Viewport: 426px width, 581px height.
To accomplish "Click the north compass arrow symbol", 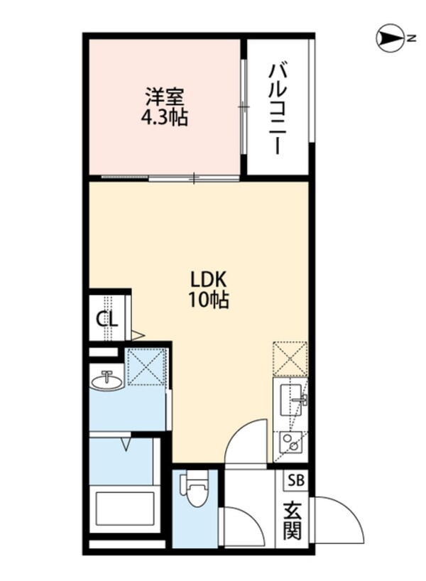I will tap(390, 39).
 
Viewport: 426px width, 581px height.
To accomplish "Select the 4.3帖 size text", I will tap(167, 117).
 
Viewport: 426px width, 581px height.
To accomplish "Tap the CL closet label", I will tap(107, 317).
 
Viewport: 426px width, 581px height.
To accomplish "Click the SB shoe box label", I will tap(295, 479).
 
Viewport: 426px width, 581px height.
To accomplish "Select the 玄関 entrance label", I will tap(294, 520).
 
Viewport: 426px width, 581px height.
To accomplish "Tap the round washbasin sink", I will tap(107, 382).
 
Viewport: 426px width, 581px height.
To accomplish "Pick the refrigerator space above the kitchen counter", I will tap(290, 358).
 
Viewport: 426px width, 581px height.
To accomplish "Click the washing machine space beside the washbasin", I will tap(146, 366).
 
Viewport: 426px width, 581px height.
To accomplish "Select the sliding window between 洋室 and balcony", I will tap(244, 107).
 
